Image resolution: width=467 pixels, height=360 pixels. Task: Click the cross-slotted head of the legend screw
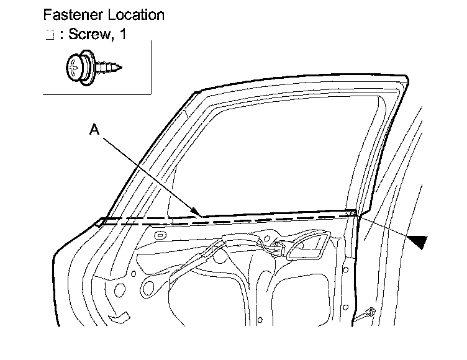pos(75,67)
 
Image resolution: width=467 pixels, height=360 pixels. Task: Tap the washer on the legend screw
pos(86,67)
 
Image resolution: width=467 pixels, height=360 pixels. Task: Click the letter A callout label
pos(94,129)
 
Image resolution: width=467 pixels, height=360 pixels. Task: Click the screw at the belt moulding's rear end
pos(353,214)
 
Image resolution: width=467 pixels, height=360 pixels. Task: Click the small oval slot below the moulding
pos(159,236)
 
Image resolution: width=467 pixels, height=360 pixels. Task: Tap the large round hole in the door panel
pos(149,287)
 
